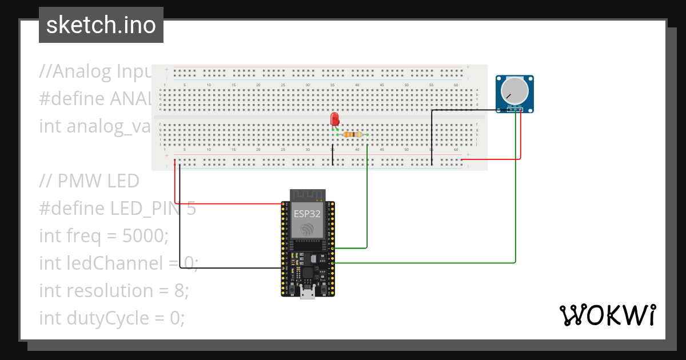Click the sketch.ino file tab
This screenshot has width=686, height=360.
101,25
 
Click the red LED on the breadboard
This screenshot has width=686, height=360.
335,119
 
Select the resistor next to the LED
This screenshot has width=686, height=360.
353,135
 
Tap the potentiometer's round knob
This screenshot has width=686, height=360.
514,91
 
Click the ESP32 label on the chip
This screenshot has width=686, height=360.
307,215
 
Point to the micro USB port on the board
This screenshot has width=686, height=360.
308,293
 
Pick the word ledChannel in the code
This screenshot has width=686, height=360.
113,263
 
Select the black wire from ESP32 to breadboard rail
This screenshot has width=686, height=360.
229,267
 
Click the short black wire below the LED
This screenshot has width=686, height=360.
333,155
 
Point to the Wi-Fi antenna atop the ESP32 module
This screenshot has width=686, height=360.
308,194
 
